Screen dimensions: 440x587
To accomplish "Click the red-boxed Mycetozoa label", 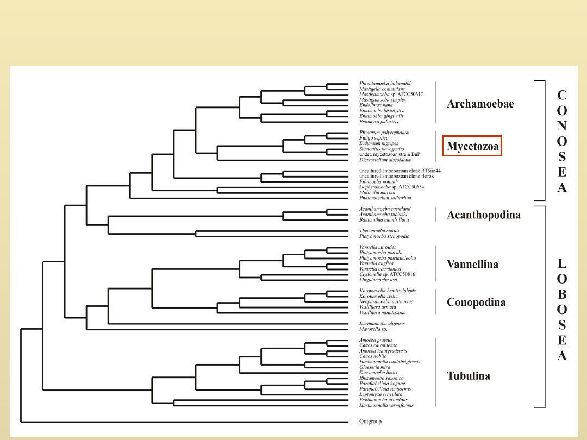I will pyautogui.click(x=472, y=146).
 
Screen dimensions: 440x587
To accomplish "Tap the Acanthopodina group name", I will pyautogui.click(x=483, y=215).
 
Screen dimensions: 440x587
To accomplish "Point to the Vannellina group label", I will pyautogui.click(x=472, y=264).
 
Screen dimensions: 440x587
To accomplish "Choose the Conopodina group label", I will pyautogui.click(x=476, y=302).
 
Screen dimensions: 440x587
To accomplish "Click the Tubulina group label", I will pyautogui.click(x=468, y=375).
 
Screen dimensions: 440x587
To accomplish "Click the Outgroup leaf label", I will pyautogui.click(x=371, y=422).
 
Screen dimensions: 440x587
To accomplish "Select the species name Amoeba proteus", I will pyautogui.click(x=376, y=340).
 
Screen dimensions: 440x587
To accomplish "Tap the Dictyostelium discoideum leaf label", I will pyautogui.click(x=384, y=160).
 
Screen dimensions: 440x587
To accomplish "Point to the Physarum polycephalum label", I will pyautogui.click(x=384, y=133).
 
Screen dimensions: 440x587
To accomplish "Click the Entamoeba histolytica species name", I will pyautogui.click(x=382, y=111).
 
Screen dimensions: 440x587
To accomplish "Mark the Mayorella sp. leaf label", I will pyautogui.click(x=373, y=329).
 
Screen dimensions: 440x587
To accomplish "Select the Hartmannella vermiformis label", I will pyautogui.click(x=386, y=405).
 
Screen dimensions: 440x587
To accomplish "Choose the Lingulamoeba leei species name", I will pyautogui.click(x=378, y=280).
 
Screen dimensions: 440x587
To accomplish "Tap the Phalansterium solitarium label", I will pyautogui.click(x=385, y=198).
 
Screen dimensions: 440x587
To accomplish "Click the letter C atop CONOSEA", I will pyautogui.click(x=562, y=95).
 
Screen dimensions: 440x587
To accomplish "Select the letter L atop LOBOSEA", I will pyautogui.click(x=562, y=264).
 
